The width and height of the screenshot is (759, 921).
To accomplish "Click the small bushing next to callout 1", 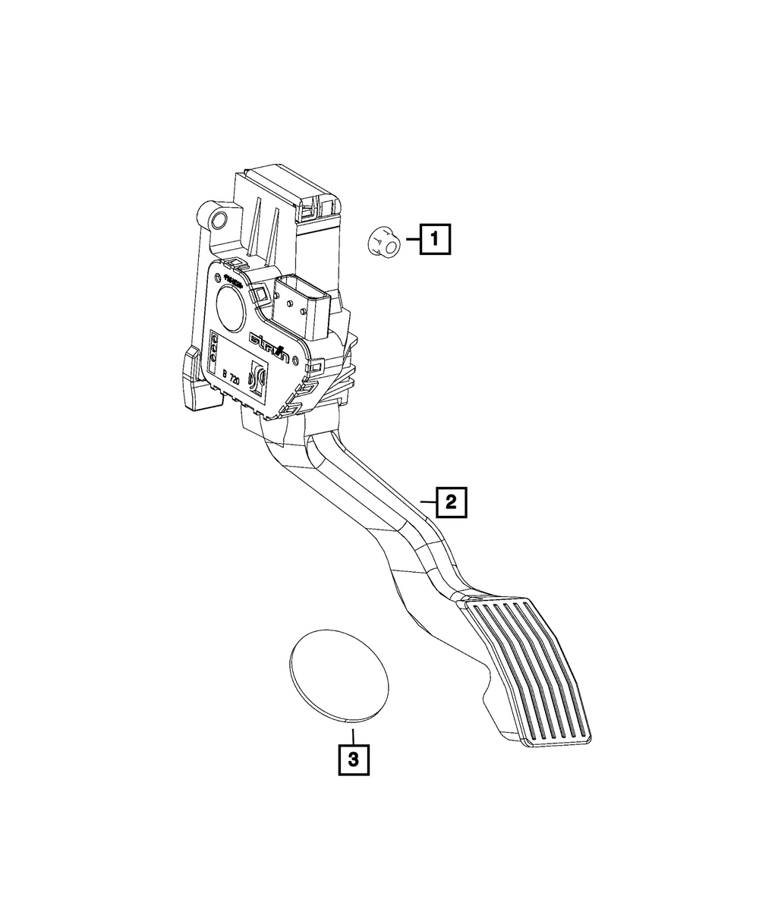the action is (x=382, y=244).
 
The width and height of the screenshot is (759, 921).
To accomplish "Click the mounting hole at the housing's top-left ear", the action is (x=219, y=220).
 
